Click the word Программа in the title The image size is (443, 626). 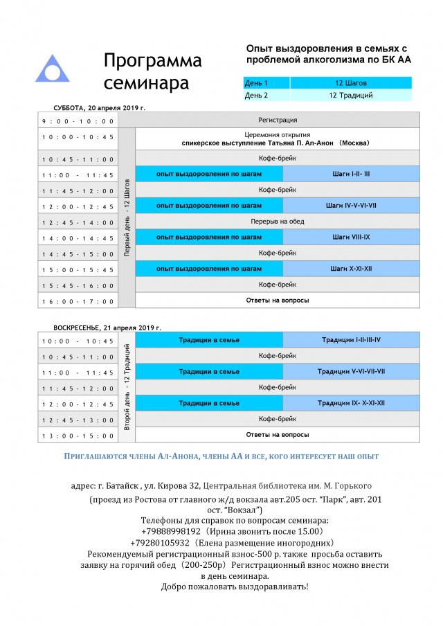pos(152,61)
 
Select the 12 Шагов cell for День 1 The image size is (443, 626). pos(351,83)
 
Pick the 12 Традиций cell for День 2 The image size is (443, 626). pos(351,96)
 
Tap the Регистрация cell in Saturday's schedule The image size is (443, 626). pos(278,120)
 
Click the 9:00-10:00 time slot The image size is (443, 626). pos(78,121)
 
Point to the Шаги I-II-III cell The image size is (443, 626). pos(352,174)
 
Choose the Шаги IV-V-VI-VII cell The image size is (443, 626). pos(352,206)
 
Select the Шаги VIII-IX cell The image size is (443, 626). pos(352,238)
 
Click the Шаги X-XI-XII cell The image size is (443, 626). pos(352,269)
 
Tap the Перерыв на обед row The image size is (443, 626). pos(278,222)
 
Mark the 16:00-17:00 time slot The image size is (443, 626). pos(78,301)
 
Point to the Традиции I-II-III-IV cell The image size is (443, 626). pos(352,340)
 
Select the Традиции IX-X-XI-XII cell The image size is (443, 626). pos(352,403)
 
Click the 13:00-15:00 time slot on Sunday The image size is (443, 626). pos(78,435)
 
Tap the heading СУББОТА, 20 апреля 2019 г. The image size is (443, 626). pos(100,108)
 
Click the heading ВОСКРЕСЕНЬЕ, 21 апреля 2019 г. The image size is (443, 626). pos(107,327)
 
